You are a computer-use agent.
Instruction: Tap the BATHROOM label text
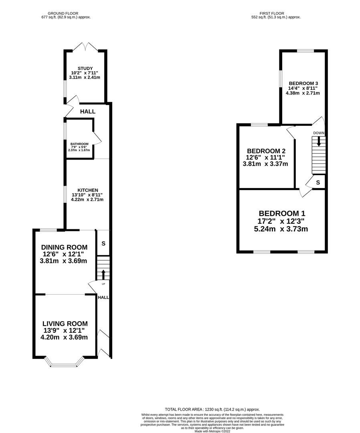(79, 144)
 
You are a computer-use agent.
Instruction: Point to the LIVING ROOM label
(65, 324)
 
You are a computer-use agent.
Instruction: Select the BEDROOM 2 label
(265, 150)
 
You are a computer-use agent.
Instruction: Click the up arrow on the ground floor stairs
(103, 274)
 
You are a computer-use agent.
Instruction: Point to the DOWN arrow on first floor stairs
(319, 141)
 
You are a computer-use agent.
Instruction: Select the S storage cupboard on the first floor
(318, 182)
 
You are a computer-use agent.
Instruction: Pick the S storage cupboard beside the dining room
(103, 243)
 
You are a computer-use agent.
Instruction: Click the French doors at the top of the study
(85, 47)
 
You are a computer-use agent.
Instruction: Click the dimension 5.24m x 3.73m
(281, 229)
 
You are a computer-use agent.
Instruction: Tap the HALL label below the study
(87, 111)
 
